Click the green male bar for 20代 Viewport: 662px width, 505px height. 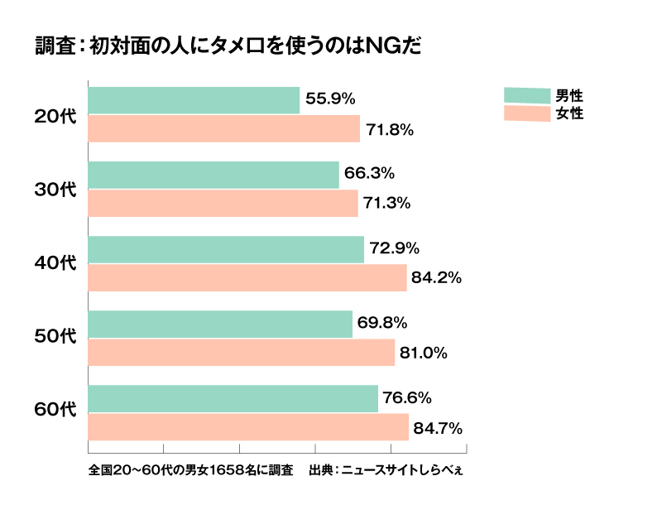point(194,100)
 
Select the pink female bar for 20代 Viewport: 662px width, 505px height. point(223,129)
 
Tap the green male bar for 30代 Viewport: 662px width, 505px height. point(213,175)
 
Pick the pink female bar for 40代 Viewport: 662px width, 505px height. point(247,278)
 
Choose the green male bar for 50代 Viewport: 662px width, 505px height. point(220,324)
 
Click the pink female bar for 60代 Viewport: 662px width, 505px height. point(248,427)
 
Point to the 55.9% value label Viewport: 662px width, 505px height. point(330,99)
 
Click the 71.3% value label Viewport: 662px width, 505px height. point(388,204)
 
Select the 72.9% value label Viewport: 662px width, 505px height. point(395,248)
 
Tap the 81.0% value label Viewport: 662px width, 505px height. point(425,353)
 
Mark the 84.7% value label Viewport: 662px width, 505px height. point(438,428)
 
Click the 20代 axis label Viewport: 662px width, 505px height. point(55,116)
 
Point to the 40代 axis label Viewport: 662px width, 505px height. point(55,263)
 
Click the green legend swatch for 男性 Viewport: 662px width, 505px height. point(527,95)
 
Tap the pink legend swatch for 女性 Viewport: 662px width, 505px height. point(527,114)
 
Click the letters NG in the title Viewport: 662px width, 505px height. point(381,45)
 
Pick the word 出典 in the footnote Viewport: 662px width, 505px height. point(321,471)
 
